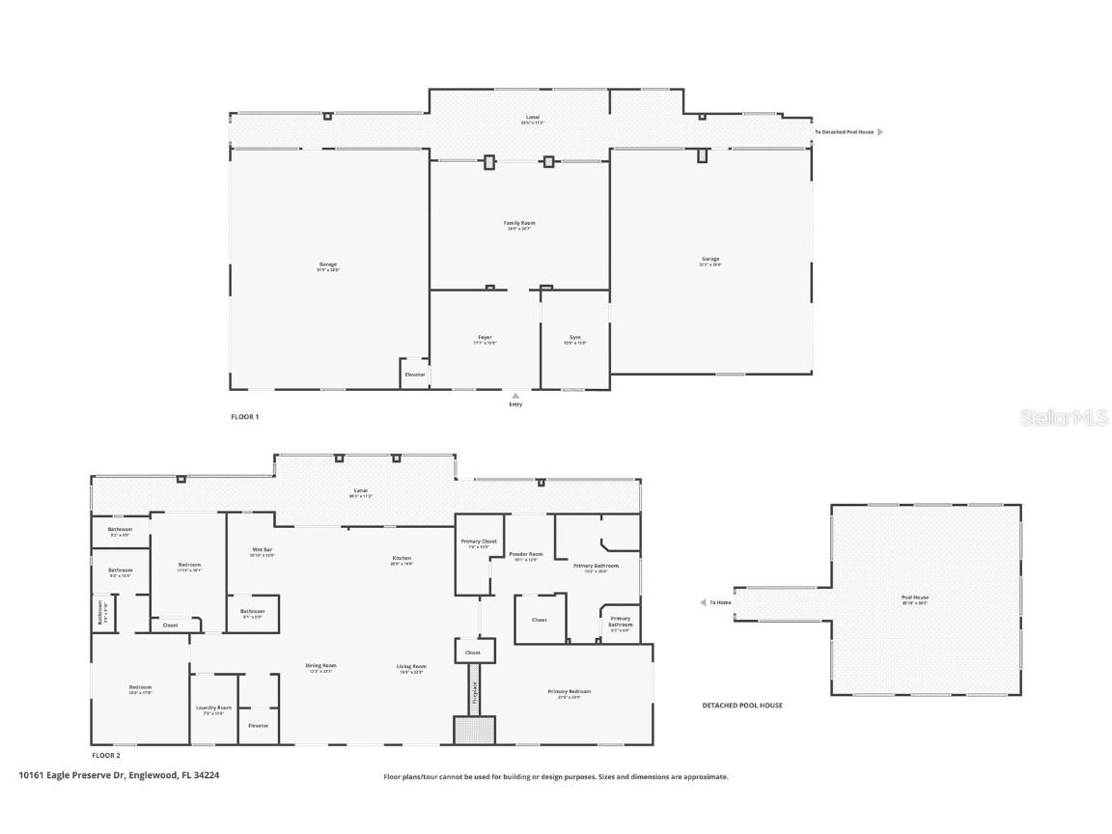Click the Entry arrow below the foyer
[x=515, y=395]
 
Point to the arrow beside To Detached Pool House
[x=879, y=131]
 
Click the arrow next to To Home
[x=703, y=602]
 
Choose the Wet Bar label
[x=262, y=551]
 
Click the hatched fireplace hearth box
[x=474, y=730]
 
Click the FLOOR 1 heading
[x=244, y=417]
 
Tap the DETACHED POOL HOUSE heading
[x=741, y=706]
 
